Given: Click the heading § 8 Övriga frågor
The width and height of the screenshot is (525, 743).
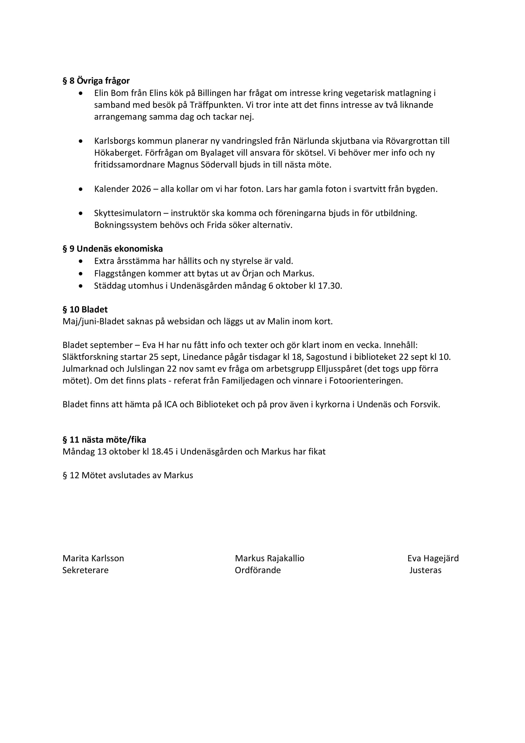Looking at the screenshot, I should [96, 81].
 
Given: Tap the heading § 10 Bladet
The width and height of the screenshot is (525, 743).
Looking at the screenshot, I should [85, 309].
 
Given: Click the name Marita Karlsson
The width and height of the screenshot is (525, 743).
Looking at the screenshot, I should [93, 558].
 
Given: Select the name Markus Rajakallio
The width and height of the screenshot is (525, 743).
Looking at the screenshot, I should [269, 558].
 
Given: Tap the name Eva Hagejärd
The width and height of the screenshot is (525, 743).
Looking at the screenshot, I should [433, 558].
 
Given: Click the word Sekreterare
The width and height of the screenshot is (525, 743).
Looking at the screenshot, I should [85, 570].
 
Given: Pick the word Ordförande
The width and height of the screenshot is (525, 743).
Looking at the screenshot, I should [258, 570].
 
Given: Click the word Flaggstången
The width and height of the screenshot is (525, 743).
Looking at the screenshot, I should [120, 273].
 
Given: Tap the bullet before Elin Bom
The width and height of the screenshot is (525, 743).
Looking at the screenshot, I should [81, 93].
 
